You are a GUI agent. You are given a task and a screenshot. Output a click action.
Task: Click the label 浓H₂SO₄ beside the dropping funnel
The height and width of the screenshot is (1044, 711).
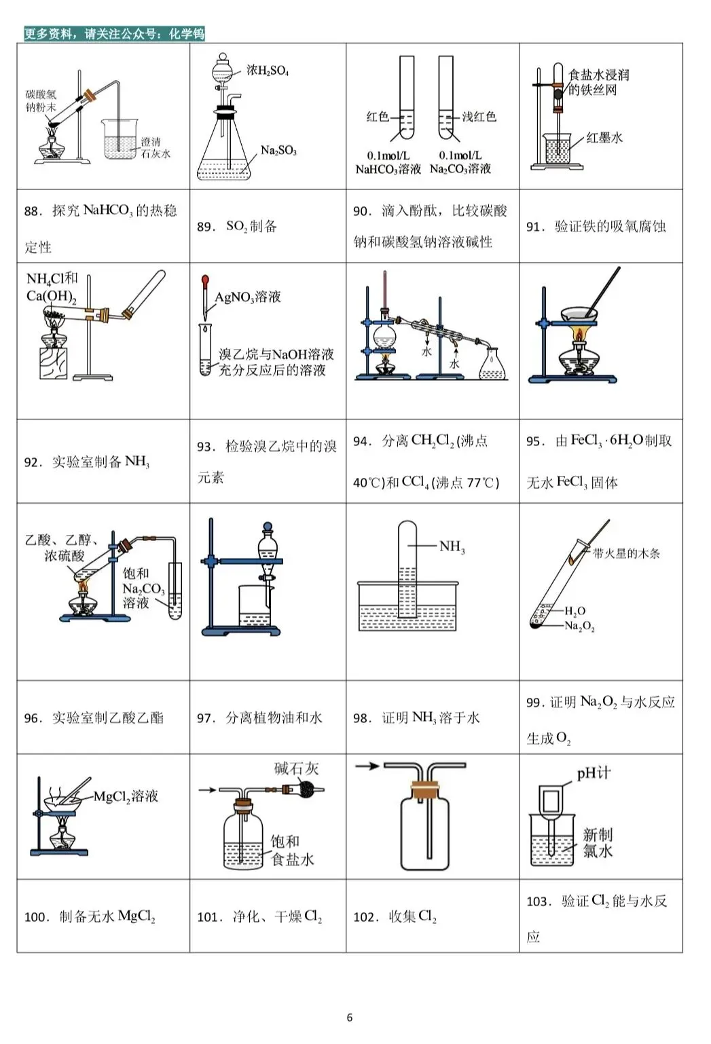click(268, 71)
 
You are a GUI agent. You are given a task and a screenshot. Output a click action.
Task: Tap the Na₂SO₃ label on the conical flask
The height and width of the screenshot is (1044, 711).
click(278, 151)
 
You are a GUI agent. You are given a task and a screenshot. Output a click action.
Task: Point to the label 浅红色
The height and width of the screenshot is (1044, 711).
click(479, 117)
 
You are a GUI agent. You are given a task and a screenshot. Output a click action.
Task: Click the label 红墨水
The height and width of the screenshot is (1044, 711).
click(604, 138)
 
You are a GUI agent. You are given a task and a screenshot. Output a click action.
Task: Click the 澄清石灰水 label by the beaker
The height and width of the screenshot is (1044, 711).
click(156, 148)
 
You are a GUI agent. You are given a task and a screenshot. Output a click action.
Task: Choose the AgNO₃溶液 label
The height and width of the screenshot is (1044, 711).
click(248, 297)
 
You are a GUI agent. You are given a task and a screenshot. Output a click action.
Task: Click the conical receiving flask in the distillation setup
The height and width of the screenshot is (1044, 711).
click(492, 366)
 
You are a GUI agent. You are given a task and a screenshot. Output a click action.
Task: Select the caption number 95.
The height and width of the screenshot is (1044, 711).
click(534, 441)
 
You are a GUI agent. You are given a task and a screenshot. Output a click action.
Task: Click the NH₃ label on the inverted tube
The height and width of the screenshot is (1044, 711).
click(452, 546)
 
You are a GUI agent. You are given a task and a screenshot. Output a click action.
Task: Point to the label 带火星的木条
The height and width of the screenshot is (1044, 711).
click(625, 553)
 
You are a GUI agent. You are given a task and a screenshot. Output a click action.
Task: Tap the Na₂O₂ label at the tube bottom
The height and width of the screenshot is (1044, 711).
click(579, 626)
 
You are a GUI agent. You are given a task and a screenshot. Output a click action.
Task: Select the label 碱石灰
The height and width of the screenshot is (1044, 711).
click(296, 768)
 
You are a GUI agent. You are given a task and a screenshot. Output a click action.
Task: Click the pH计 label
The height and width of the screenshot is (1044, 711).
click(594, 773)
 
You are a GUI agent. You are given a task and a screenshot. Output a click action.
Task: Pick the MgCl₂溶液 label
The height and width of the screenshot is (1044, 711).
click(126, 796)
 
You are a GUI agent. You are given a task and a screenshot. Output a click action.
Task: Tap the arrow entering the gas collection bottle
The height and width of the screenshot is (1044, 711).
click(367, 766)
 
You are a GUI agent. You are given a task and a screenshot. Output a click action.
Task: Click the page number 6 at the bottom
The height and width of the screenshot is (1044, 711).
click(350, 1017)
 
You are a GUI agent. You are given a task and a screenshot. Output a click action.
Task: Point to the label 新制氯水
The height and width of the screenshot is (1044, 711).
click(598, 842)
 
